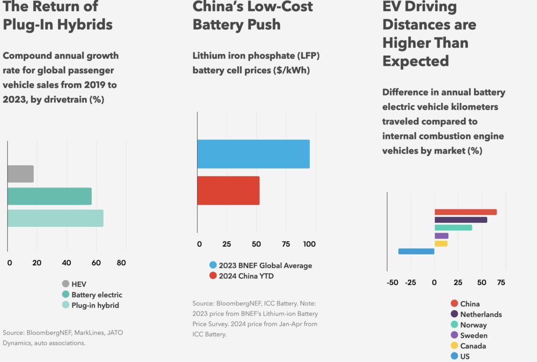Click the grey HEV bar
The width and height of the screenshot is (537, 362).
tap(20, 174)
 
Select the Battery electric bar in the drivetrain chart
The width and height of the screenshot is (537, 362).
tap(49, 196)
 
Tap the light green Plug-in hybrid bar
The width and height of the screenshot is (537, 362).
tap(55, 218)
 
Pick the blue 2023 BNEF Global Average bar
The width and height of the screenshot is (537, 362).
tap(253, 154)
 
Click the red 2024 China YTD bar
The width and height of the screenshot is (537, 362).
tap(228, 190)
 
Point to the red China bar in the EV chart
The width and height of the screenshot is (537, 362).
tap(465, 212)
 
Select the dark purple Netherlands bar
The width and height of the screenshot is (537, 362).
tap(460, 220)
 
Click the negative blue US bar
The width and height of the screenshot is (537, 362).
tap(416, 251)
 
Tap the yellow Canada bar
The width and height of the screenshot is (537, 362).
tap(441, 243)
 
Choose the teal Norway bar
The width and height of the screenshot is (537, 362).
tap(453, 227)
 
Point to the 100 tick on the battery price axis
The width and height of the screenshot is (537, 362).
tap(309, 244)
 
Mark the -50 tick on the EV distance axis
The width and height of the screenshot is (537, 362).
tap(392, 283)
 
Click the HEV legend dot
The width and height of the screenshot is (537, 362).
tap(66, 284)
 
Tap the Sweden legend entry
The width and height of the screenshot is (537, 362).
tap(474, 335)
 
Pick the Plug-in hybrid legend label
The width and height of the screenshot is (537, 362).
tap(94, 305)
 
